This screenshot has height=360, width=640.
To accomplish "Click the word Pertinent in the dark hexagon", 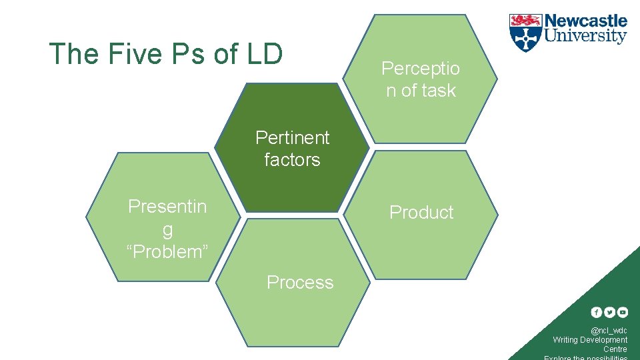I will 293,137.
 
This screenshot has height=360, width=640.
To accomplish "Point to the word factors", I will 292,160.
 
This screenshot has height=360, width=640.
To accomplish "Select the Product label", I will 421,213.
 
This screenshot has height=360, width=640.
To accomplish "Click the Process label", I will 300,283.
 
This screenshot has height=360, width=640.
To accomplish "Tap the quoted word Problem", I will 167,252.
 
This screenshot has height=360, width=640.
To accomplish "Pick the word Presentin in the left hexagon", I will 167,207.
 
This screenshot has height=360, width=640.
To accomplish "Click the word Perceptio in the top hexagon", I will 421,68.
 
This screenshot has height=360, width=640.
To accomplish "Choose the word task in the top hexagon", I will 438,91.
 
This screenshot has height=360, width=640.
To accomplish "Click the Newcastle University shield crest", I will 525,33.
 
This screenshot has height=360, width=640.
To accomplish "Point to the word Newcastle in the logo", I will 586,21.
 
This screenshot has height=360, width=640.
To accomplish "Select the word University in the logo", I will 586,36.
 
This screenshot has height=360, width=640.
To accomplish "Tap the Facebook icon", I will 597,312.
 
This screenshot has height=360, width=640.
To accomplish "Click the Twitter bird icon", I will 609,312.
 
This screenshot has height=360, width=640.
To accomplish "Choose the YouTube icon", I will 622,312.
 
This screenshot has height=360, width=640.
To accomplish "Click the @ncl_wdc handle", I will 609,331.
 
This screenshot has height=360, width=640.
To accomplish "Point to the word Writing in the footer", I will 565,340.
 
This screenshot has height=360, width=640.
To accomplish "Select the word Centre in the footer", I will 615,349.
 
